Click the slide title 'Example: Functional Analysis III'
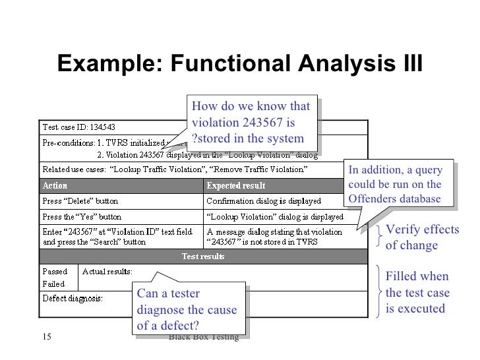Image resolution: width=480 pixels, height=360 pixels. tap(239, 64)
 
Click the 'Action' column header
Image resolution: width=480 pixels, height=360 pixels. tap(55, 185)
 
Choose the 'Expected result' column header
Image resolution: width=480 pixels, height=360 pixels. tap(236, 185)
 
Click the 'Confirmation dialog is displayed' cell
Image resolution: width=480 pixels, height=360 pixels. tap(263, 200)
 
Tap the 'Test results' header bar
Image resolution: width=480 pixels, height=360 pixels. tap(203, 256)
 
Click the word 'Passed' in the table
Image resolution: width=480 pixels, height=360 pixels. tap(55, 271)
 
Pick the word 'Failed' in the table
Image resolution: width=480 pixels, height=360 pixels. tap(53, 284)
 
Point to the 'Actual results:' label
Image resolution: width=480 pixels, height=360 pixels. tap(107, 271)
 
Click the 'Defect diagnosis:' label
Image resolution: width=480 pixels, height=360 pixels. tap(73, 298)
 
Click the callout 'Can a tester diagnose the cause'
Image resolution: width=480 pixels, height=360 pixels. tap(185, 309)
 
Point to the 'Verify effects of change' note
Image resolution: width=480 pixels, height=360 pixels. tap(421, 237)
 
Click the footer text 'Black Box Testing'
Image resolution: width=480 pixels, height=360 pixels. tap(203, 337)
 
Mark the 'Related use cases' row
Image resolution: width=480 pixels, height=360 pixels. tap(175, 169)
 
